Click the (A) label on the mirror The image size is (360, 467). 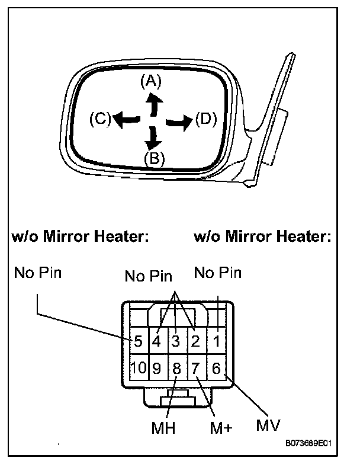pyautogui.click(x=151, y=82)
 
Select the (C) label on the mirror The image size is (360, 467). pyautogui.click(x=100, y=120)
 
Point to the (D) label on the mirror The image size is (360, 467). pyautogui.click(x=205, y=120)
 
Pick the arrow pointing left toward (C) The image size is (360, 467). pyautogui.click(x=124, y=120)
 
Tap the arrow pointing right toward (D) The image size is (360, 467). pyautogui.click(x=179, y=122)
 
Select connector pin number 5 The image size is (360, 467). pyautogui.click(x=137, y=341)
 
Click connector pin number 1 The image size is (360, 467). pyautogui.click(x=217, y=341)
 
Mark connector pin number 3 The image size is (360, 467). pyautogui.click(x=176, y=341)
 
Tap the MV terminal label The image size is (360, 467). pyautogui.click(x=268, y=426)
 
